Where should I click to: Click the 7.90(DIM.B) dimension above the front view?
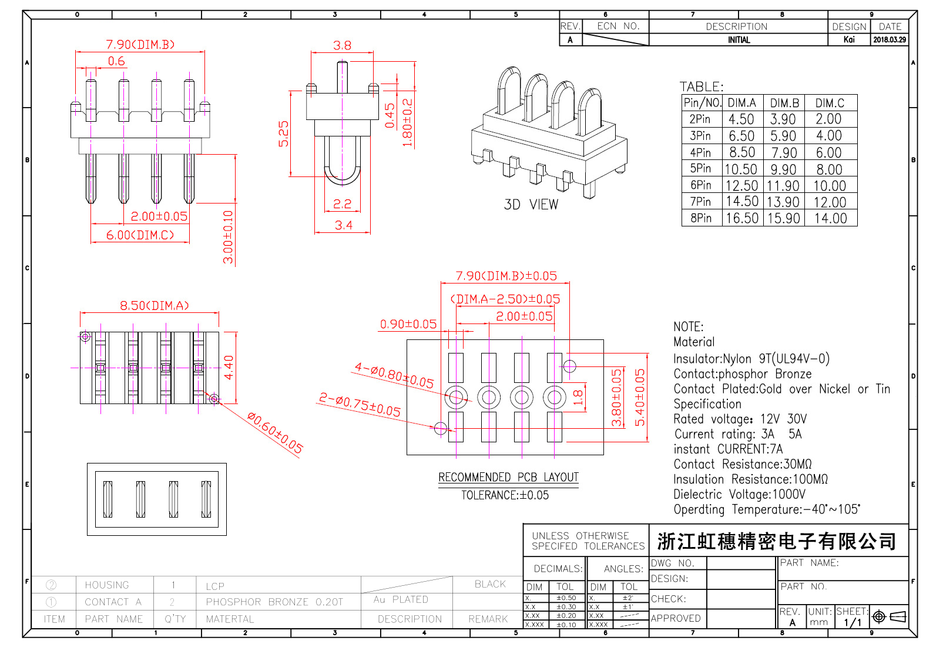click(140, 45)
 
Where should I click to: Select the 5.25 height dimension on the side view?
click(284, 134)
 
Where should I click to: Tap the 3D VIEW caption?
click(531, 205)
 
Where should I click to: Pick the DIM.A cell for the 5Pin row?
click(741, 169)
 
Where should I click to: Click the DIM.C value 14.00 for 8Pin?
click(830, 219)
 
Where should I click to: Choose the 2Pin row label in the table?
click(700, 119)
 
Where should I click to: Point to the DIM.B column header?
click(784, 103)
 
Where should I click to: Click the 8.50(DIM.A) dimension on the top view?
click(155, 306)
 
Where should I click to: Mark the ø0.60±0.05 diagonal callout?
click(275, 433)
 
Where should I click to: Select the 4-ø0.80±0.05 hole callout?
click(394, 376)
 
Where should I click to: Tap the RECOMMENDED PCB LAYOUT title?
click(508, 478)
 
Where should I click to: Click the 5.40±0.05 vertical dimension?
click(640, 397)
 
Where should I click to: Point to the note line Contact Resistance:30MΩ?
click(742, 465)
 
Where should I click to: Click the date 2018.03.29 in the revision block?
click(889, 40)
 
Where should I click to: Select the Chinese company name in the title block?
click(776, 541)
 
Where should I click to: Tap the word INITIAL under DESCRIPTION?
click(739, 40)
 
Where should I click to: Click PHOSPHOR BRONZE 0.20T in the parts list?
click(274, 602)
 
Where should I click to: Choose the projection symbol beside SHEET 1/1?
click(889, 616)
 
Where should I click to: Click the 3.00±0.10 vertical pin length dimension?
click(228, 236)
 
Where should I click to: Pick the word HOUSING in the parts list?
click(106, 585)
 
